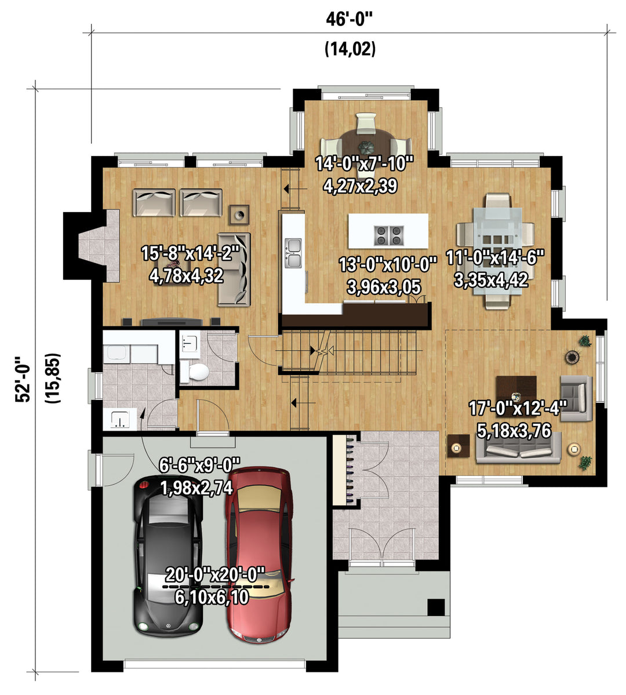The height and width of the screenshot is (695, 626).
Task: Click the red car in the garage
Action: [x=259, y=555]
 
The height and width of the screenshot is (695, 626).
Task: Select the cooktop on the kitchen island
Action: [x=389, y=235]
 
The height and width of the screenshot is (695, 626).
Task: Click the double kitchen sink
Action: [x=293, y=253]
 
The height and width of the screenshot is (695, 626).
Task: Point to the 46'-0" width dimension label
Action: [x=350, y=19]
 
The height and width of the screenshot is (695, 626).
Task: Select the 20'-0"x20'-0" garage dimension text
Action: [x=215, y=575]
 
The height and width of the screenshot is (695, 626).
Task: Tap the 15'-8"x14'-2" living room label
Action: [x=190, y=253]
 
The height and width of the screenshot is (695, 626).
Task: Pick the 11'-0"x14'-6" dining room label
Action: [x=495, y=257]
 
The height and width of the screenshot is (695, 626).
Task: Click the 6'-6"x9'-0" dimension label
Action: [x=199, y=465]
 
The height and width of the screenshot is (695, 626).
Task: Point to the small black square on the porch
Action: [x=436, y=607]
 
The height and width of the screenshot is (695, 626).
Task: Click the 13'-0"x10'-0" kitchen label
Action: [x=388, y=265]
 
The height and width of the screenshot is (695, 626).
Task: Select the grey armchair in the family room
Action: [x=576, y=399]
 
